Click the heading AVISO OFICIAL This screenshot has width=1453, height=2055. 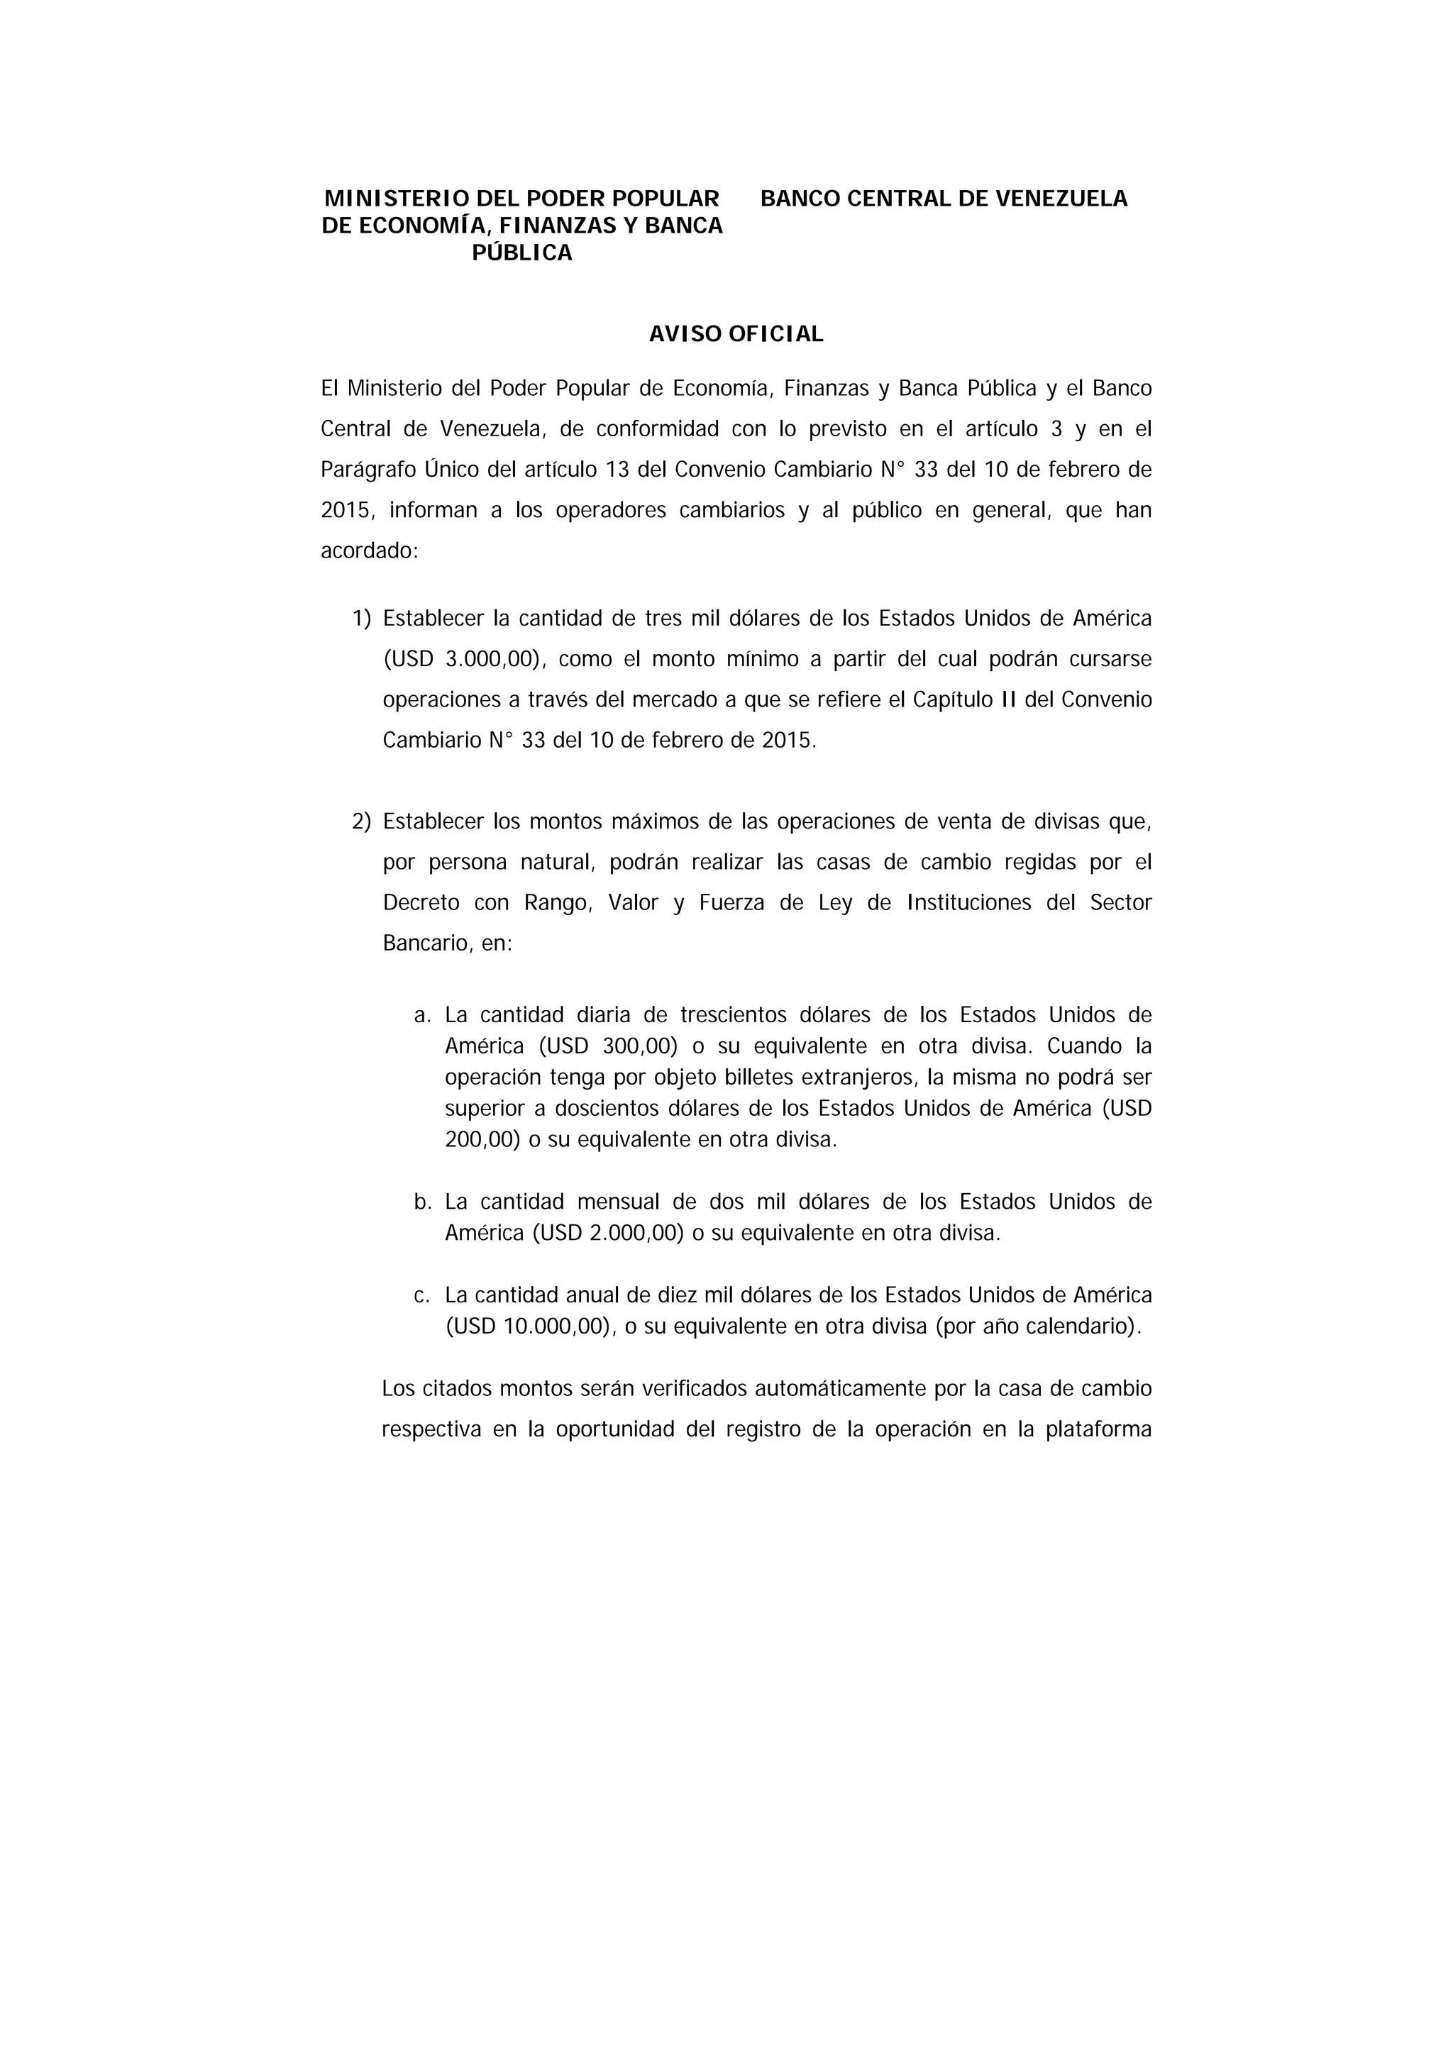tap(736, 334)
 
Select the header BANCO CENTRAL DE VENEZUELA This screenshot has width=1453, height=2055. tap(944, 199)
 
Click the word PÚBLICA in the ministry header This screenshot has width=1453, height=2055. tap(522, 253)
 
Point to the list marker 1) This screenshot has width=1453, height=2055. tap(361, 619)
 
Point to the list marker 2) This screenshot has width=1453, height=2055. tap(361, 821)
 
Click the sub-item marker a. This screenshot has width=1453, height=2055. tap(423, 1015)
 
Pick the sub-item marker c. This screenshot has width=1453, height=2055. tap(423, 1295)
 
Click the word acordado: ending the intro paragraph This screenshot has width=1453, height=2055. tap(370, 551)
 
